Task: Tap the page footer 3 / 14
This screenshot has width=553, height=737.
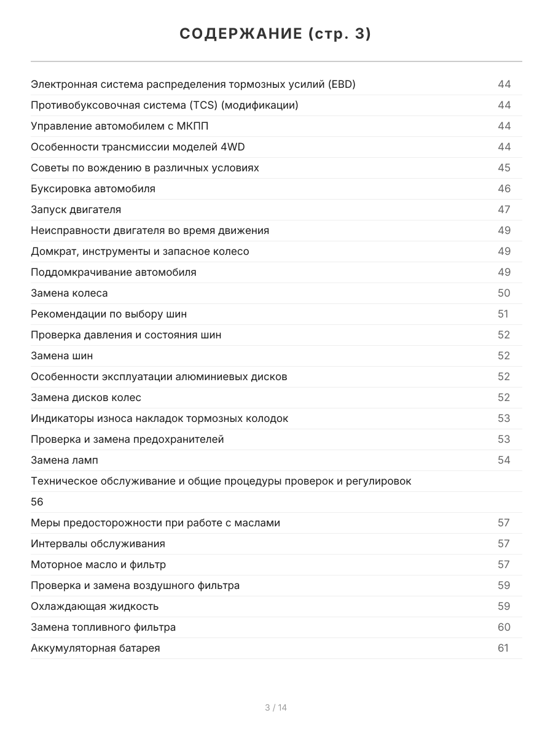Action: pos(276,708)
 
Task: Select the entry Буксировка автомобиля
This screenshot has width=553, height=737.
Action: pos(93,189)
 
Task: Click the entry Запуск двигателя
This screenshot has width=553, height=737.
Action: pos(76,209)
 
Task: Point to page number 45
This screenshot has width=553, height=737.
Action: pos(504,168)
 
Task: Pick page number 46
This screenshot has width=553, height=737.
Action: pos(504,189)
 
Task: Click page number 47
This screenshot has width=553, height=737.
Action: pos(504,209)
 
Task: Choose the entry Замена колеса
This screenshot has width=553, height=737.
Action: pos(69,293)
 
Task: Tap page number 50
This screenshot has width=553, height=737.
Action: pos(504,293)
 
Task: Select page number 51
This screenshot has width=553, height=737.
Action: pos(503,314)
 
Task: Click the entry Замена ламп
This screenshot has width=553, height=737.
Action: pos(64,460)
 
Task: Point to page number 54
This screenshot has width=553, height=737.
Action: pos(504,460)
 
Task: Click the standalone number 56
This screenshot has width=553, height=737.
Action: pos(37,502)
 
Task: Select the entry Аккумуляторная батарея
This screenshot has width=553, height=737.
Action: pos(95,648)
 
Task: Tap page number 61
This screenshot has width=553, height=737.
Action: pos(503,648)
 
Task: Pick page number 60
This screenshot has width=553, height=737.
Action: pos(504,627)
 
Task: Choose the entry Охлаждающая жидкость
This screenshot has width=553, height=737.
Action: pos(95,606)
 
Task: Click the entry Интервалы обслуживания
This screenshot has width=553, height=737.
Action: pos(98,544)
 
